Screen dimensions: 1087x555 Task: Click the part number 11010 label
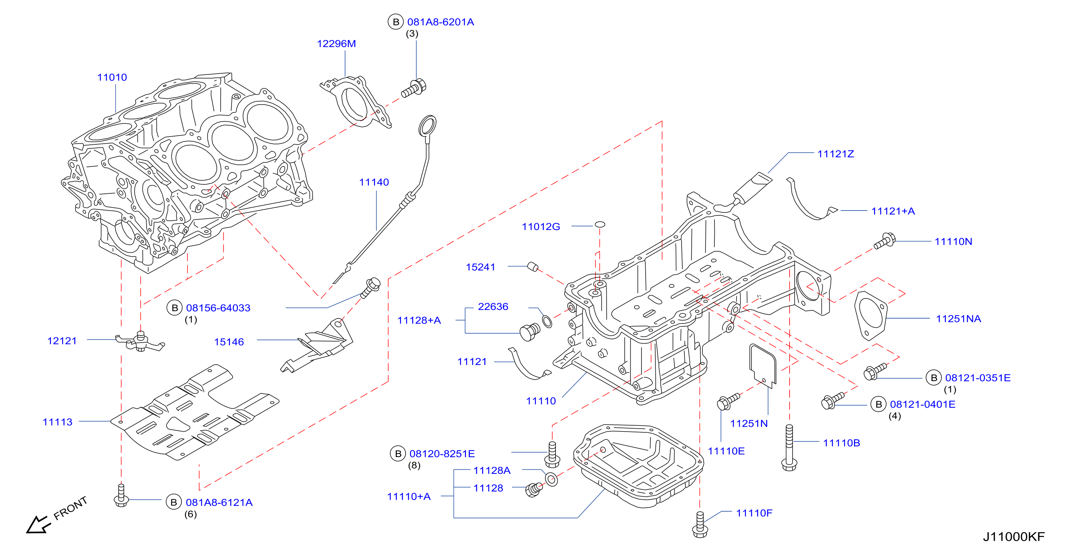click(112, 77)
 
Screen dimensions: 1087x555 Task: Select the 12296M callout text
click(336, 43)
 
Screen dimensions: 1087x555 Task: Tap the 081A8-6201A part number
click(441, 22)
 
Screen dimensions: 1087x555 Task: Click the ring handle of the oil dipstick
click(427, 125)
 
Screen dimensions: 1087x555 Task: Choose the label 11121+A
click(893, 211)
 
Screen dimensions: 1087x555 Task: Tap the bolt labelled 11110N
click(885, 240)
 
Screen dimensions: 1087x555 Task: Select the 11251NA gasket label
click(958, 319)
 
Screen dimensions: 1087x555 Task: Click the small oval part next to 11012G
click(600, 224)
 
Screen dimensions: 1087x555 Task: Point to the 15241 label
click(480, 267)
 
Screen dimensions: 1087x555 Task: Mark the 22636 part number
click(493, 306)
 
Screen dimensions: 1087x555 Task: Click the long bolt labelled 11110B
click(789, 447)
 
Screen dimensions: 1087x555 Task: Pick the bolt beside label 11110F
click(700, 525)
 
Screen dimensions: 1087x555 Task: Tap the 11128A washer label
click(492, 470)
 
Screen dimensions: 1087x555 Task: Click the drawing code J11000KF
click(1014, 536)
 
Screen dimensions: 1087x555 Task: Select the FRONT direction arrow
click(39, 525)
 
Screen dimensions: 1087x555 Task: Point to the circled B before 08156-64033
click(175, 308)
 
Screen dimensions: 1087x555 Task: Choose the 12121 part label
click(62, 341)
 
